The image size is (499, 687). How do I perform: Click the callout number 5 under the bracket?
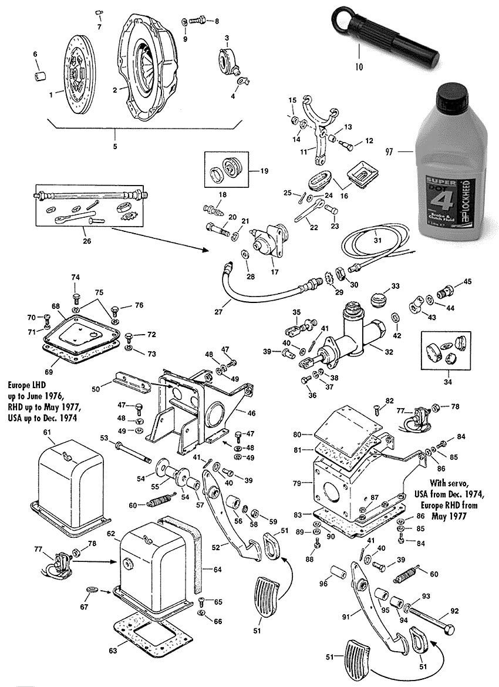click(x=115, y=146)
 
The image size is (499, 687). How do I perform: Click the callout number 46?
click(x=251, y=413)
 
